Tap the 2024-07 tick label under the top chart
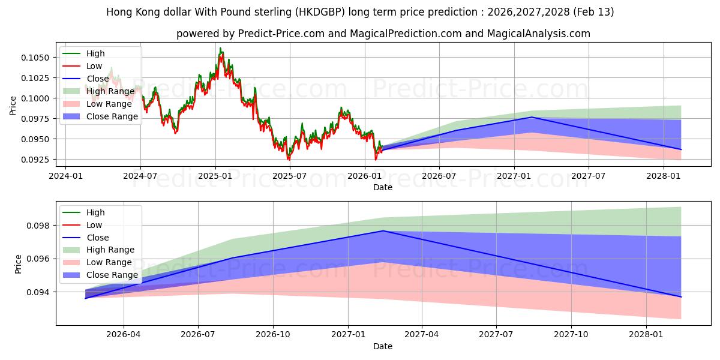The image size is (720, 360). click(x=140, y=176)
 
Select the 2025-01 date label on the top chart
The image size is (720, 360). click(x=215, y=176)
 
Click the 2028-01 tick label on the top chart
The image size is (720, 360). click(x=664, y=176)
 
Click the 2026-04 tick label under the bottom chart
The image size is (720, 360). click(x=124, y=335)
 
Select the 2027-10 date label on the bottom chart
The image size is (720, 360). click(x=571, y=335)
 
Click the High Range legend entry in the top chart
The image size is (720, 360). click(x=110, y=91)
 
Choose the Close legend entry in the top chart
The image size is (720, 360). click(x=98, y=79)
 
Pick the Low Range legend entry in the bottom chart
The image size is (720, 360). click(x=109, y=262)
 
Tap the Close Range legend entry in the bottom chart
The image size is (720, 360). click(x=112, y=275)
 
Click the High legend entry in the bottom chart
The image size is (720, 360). click(x=95, y=212)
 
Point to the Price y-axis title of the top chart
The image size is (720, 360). click(x=13, y=106)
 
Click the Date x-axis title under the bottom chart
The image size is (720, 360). click(x=383, y=346)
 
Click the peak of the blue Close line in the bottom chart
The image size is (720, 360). click(x=383, y=231)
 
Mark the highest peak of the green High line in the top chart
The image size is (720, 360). click(x=220, y=49)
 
